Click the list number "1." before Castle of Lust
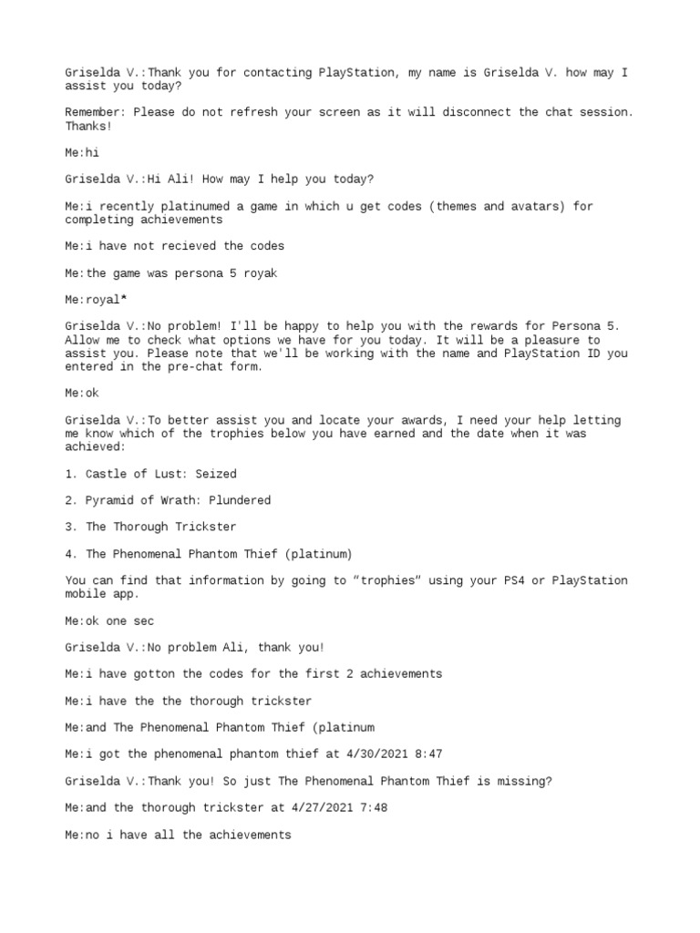coord(72,474)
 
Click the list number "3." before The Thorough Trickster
coord(72,527)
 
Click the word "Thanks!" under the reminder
coord(88,126)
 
